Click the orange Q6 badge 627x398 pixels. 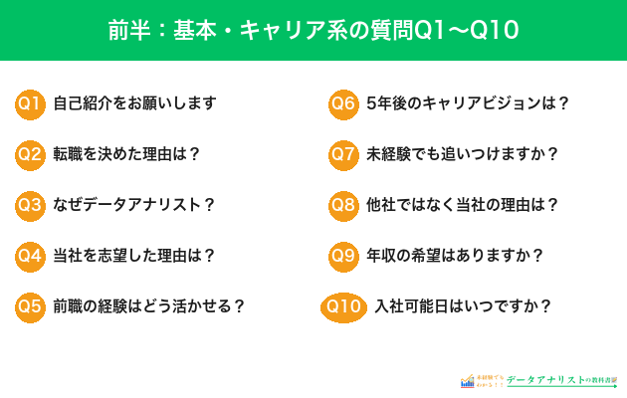(343, 102)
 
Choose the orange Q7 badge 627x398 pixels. (343, 153)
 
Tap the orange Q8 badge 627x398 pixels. (343, 204)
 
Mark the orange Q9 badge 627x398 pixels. (343, 255)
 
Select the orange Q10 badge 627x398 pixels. (342, 305)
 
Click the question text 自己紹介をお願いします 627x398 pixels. (134, 102)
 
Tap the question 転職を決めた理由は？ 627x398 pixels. (126, 153)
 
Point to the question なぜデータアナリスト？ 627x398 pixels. (134, 204)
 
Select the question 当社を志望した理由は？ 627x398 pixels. (134, 255)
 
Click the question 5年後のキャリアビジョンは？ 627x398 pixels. (468, 102)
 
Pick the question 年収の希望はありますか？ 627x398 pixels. (455, 255)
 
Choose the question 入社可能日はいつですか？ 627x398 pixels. (463, 305)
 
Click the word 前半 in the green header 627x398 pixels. (126, 29)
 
